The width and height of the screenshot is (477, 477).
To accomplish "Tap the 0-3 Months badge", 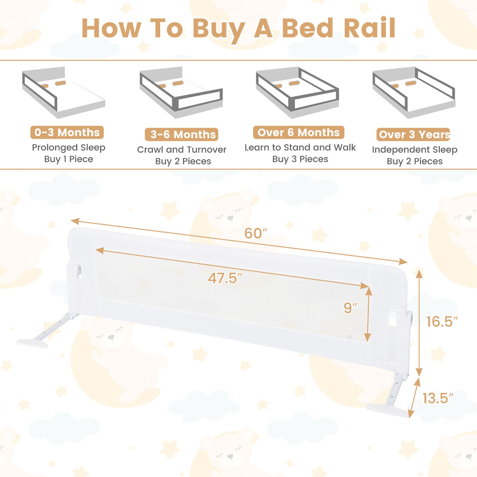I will coord(67,132).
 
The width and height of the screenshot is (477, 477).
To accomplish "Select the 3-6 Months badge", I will coord(182,135).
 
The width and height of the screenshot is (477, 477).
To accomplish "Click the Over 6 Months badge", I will coord(299,132).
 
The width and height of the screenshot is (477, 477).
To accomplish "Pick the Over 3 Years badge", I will coord(413,135).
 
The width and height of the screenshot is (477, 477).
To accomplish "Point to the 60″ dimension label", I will coord(255,233).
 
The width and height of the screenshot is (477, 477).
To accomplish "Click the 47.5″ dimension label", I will coord(225,278).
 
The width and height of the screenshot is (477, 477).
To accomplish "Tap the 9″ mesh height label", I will coord(350,308).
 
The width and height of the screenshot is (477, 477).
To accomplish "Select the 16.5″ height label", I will coord(442,322).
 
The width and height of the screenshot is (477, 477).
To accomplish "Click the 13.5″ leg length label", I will coord(438,398).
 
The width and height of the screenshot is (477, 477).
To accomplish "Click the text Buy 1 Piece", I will coord(69,159).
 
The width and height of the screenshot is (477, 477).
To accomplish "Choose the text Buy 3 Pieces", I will coord(300,159).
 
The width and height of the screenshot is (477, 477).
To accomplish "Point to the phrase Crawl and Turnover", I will coord(182,149).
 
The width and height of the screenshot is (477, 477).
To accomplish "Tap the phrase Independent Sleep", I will coord(415,149).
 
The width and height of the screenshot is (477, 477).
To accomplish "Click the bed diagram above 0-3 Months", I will coord(64,92).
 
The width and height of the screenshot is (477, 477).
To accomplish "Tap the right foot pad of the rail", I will coord(387,410).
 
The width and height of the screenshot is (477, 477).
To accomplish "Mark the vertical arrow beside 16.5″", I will coord(419,323).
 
